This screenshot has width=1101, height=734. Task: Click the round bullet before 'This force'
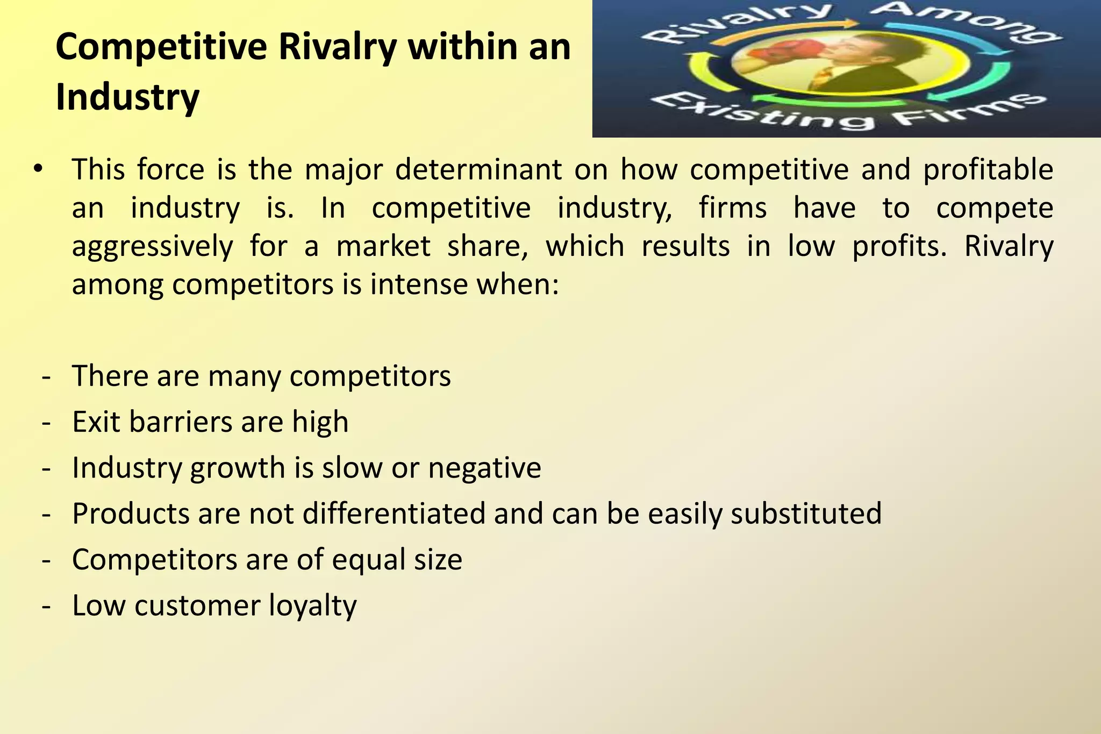click(x=37, y=170)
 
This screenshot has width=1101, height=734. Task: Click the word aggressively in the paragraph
click(x=152, y=247)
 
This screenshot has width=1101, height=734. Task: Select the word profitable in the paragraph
click(x=988, y=170)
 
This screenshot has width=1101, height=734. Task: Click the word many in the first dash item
click(x=244, y=376)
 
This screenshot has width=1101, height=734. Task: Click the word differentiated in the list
click(x=394, y=514)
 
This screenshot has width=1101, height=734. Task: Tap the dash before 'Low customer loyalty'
click(x=46, y=606)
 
